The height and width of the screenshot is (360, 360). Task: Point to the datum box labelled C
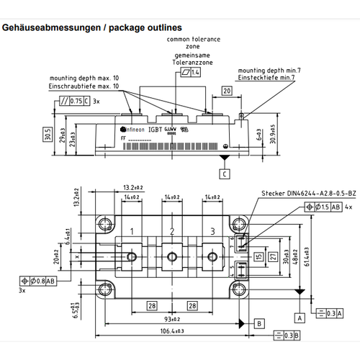pyautogui.click(x=225, y=174)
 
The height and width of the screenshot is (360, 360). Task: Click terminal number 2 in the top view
pyautogui.click(x=172, y=231)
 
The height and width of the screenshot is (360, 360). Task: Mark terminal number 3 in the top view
pyautogui.click(x=212, y=231)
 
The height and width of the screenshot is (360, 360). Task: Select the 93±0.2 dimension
pyautogui.click(x=172, y=319)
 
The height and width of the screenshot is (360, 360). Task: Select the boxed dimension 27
pyautogui.click(x=273, y=256)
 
